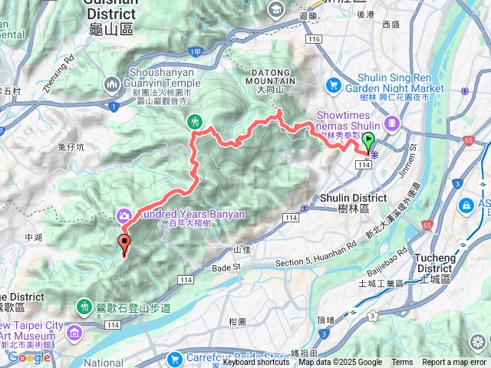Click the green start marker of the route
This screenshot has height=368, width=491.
click(x=368, y=143)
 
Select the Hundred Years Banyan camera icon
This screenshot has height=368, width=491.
click(x=123, y=214)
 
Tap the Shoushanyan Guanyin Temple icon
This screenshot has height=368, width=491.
click(x=113, y=83)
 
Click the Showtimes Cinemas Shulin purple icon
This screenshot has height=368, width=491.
click(x=392, y=122)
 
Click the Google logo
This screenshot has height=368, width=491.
click(x=28, y=356)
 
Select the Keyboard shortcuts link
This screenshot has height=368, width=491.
click(x=257, y=363)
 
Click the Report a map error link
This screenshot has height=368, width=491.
click(x=455, y=363)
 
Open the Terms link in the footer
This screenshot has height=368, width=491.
click(x=402, y=363)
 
